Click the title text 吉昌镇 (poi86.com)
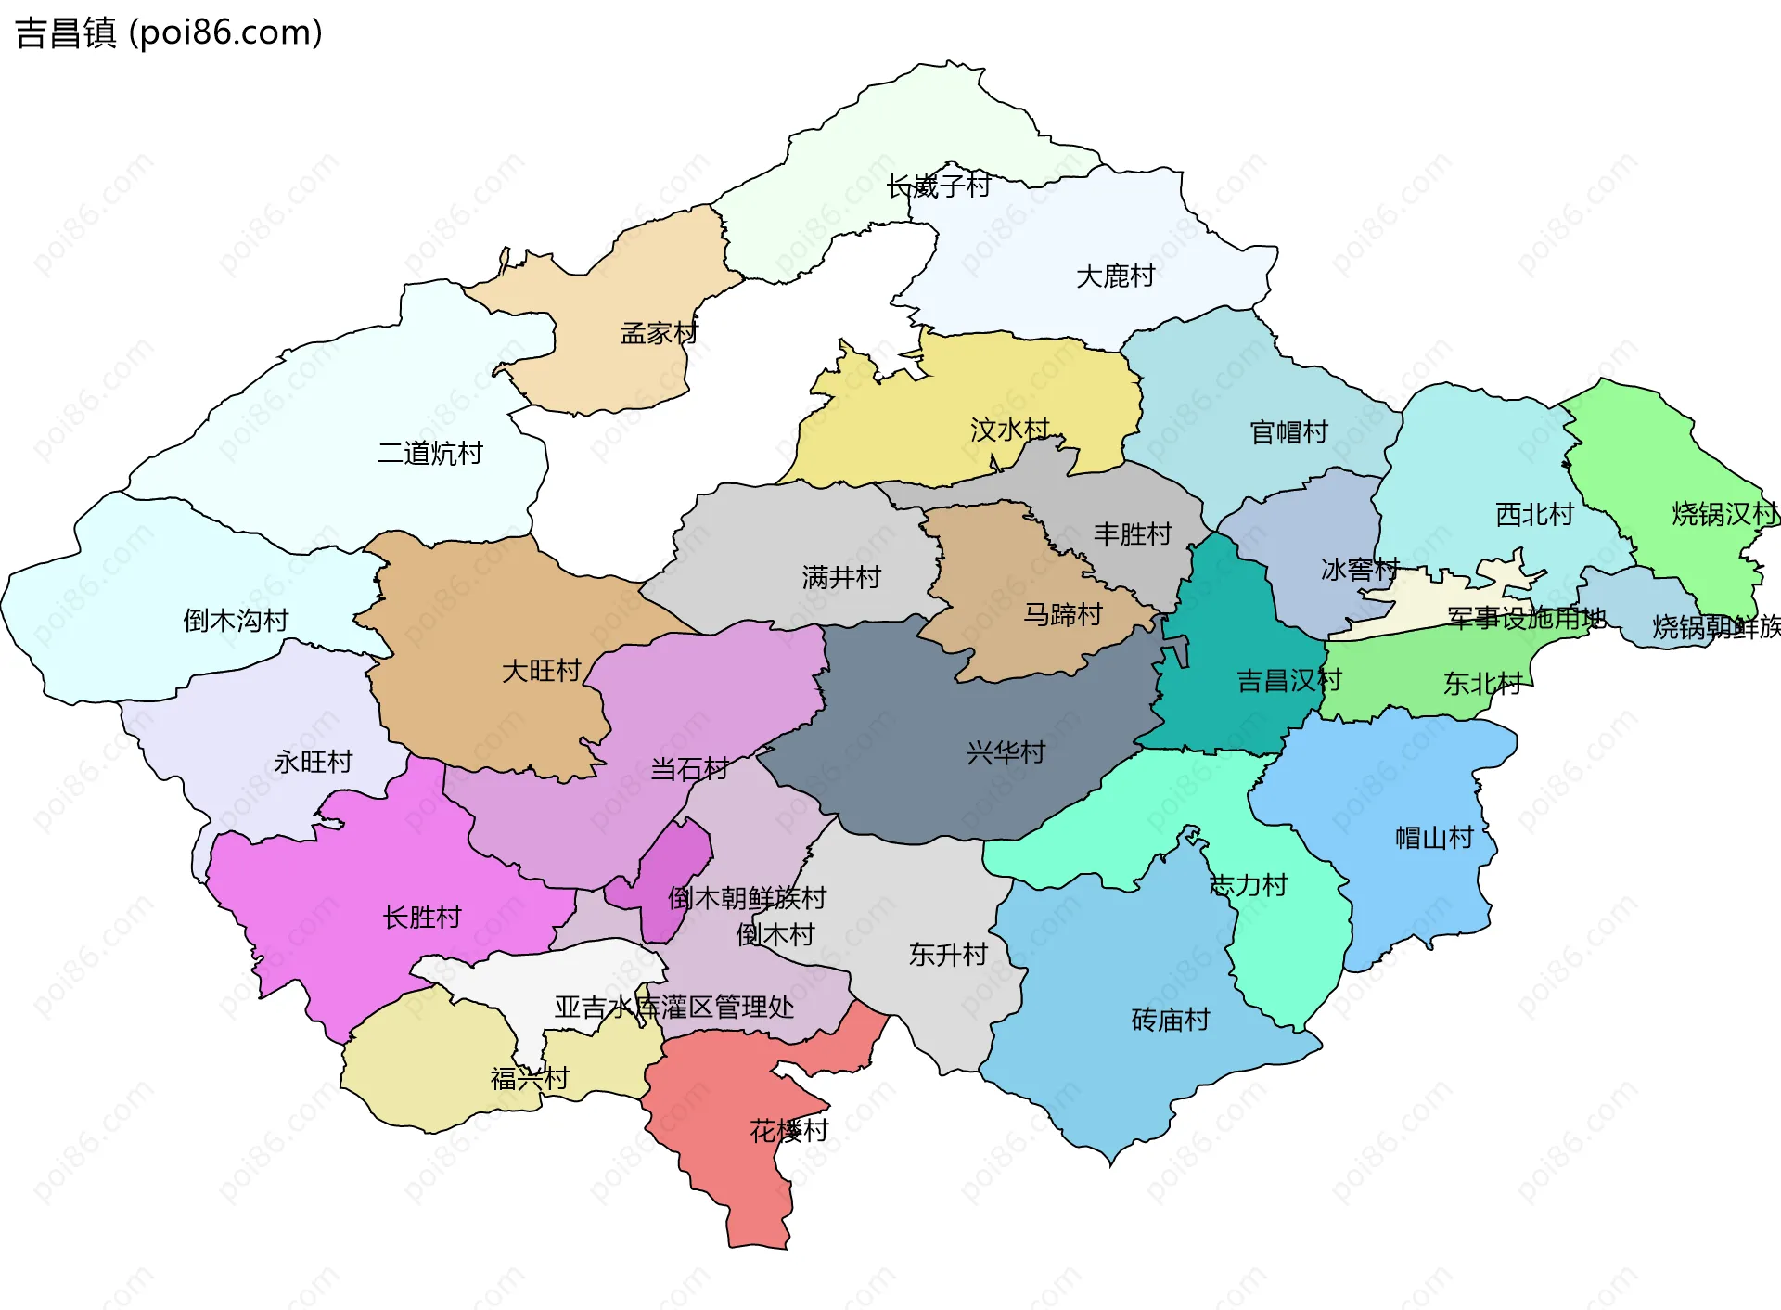click(169, 32)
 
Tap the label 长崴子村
click(938, 186)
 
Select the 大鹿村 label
click(1115, 276)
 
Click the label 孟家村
click(659, 333)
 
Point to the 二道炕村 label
click(429, 454)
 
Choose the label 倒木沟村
click(236, 621)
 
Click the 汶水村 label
click(1009, 430)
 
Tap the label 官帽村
click(1288, 432)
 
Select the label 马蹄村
click(1062, 614)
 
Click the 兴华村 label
click(1006, 752)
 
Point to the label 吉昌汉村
click(1288, 681)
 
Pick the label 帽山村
click(1434, 838)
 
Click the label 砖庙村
click(1170, 1021)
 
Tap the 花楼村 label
click(788, 1131)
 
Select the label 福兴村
click(529, 1079)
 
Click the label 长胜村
click(422, 918)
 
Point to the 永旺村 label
click(314, 763)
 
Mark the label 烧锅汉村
click(1723, 514)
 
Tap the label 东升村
click(948, 955)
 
